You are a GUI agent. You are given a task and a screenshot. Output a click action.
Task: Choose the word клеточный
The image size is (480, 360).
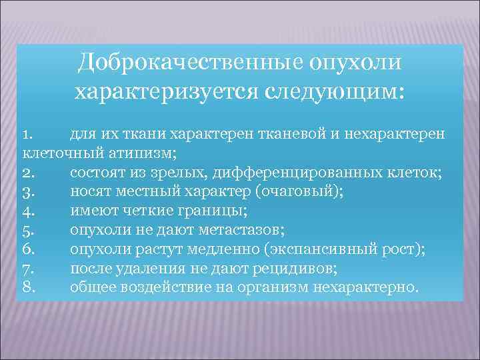coord(62,154)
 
